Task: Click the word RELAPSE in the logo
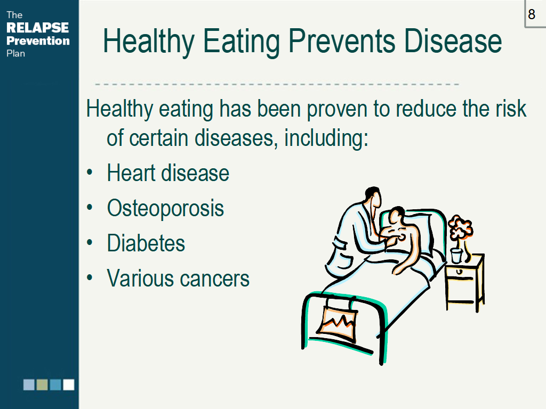(38, 28)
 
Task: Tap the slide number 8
(532, 14)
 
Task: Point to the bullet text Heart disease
(168, 173)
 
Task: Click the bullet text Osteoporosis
(165, 208)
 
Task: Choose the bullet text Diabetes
(146, 243)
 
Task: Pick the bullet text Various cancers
(178, 278)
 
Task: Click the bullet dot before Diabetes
(90, 242)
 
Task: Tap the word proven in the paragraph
(337, 109)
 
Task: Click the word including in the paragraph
(326, 138)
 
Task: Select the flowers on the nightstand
(460, 228)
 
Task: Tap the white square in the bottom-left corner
(69, 385)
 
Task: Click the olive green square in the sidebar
(42, 385)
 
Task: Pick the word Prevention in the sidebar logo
(38, 40)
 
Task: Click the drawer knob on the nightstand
(460, 272)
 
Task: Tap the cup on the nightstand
(456, 255)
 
